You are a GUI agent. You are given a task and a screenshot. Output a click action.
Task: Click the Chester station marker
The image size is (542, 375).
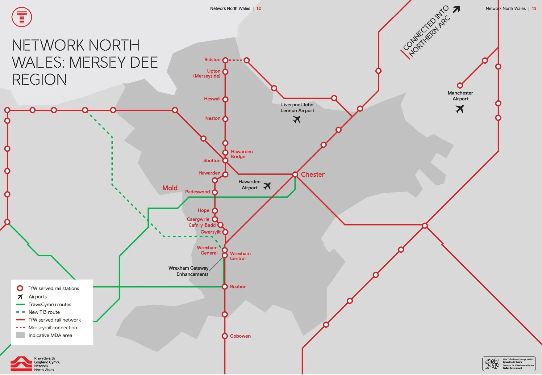295,175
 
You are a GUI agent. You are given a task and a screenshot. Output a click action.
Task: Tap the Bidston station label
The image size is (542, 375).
212,60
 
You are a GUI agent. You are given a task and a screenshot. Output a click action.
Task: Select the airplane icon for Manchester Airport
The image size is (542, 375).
460,109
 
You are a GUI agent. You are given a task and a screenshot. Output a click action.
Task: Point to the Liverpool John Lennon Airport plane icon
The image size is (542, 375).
297,119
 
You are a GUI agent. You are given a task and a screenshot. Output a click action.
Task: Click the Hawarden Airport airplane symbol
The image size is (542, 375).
267,186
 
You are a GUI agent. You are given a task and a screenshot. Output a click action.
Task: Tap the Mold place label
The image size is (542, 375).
170,188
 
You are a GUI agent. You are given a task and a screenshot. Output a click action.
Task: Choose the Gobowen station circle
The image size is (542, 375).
225,336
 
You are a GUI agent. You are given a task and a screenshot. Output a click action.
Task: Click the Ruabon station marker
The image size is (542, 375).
225,287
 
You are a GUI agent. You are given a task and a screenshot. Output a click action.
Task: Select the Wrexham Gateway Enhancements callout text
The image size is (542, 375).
189,271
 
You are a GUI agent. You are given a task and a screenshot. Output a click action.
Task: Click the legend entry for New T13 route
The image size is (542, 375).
44,312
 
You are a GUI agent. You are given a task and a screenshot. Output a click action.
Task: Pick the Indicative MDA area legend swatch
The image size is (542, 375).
21,335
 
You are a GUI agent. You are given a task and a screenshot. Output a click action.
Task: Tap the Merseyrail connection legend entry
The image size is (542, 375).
52,328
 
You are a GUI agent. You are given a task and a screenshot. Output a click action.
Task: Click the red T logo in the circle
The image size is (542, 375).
22,17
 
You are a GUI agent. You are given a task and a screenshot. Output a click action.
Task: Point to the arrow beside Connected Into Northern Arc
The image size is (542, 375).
456,10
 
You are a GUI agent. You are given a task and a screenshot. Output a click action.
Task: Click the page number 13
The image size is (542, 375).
534,9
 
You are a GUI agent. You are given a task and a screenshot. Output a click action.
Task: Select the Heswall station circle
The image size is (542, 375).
225,99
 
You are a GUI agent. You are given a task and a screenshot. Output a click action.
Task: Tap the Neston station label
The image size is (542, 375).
213,118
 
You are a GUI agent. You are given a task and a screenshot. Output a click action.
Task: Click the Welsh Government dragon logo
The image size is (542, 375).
492,364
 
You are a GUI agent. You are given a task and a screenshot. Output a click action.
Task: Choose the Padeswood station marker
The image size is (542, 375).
215,192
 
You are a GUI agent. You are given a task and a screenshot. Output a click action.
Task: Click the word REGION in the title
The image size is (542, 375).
39,80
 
